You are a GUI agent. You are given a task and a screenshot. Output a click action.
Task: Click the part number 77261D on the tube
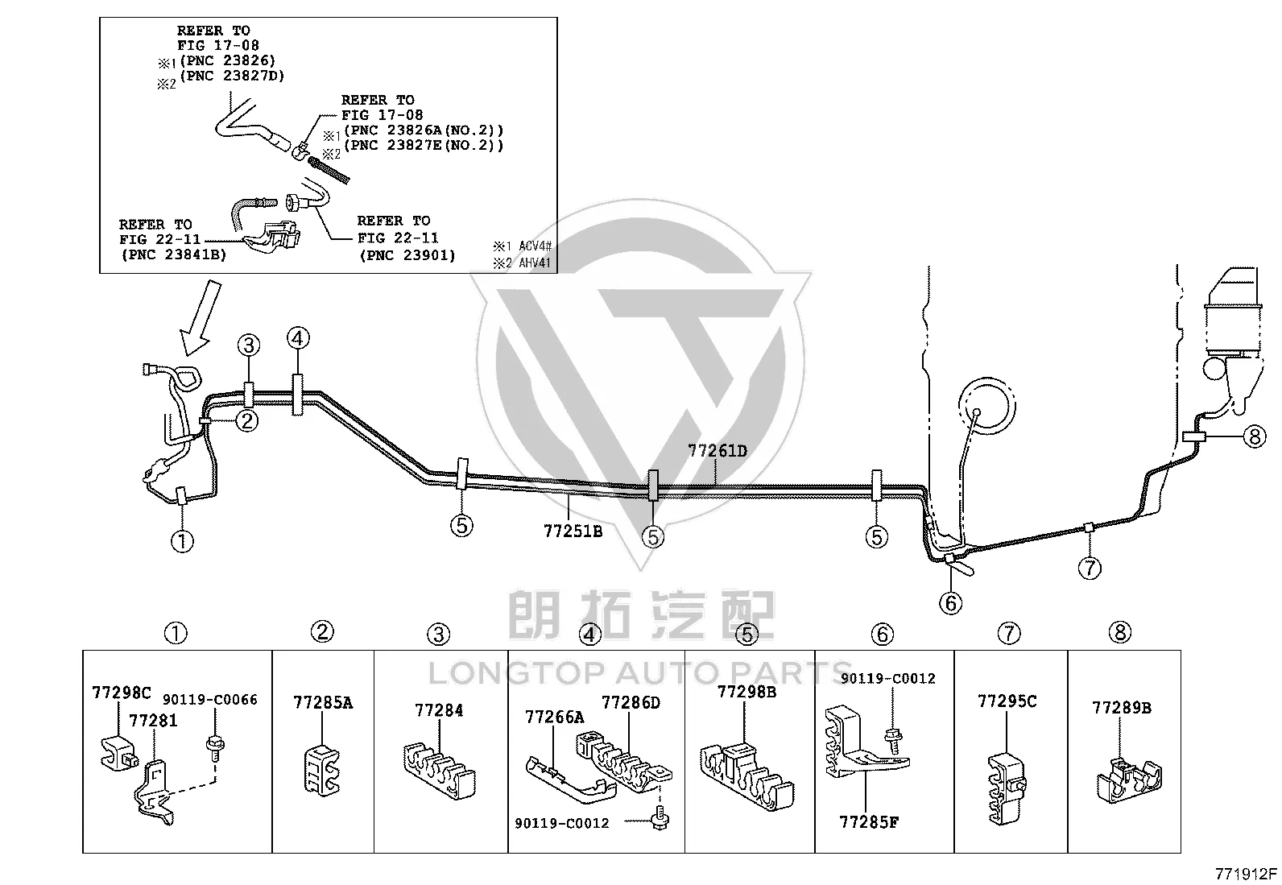[x=718, y=451]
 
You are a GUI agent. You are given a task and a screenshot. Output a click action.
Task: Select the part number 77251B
[x=573, y=531]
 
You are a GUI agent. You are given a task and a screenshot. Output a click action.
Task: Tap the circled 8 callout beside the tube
[x=1255, y=436]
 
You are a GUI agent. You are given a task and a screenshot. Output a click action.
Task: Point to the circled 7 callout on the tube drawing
[x=1090, y=568]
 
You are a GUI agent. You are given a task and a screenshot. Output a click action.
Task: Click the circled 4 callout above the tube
[x=298, y=338]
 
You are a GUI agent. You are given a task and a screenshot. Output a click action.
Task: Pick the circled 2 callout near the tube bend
[x=246, y=421]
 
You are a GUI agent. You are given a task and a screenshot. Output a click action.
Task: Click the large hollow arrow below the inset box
[x=201, y=318]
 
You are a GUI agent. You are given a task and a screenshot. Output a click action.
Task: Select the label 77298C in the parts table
[x=122, y=693]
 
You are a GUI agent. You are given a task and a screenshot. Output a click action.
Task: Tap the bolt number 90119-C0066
[x=210, y=700]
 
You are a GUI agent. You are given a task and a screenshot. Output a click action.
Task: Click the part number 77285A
[x=324, y=702]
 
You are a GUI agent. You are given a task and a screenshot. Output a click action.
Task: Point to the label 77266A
[x=555, y=717]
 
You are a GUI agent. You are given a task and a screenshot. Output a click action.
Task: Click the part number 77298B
[x=746, y=692]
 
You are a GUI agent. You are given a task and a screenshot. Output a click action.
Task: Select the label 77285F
[x=869, y=823]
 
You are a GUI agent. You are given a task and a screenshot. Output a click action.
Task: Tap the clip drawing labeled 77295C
[x=1007, y=789]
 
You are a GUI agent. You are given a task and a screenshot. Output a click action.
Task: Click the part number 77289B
[x=1121, y=708]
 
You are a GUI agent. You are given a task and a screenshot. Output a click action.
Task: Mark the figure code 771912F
[x=1246, y=875]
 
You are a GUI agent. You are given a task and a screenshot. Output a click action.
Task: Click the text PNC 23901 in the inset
[x=407, y=255]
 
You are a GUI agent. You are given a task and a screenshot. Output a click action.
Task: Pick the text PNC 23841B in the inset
[x=174, y=254]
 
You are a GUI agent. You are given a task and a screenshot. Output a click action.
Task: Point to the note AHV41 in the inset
[x=535, y=263]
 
